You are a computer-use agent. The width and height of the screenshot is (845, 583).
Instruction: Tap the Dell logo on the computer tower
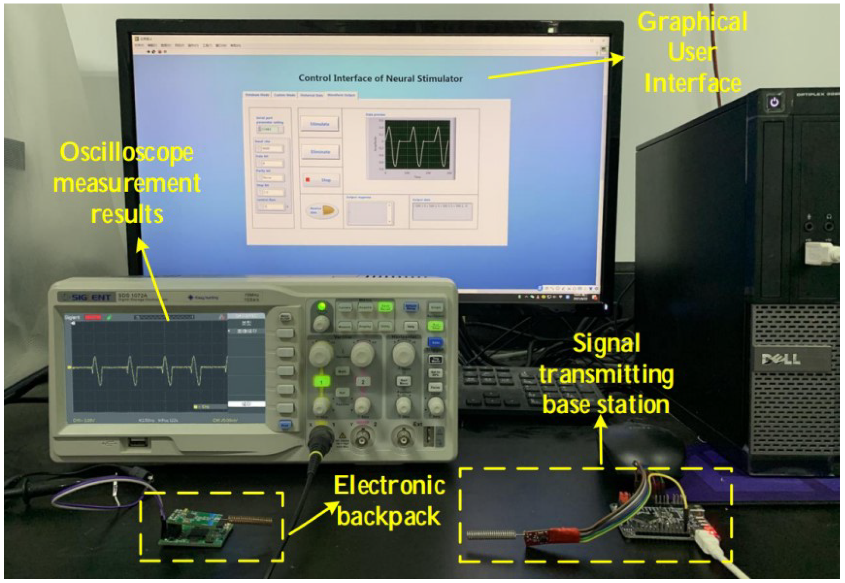tap(780, 359)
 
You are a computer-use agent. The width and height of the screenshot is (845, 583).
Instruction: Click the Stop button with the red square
tap(320, 180)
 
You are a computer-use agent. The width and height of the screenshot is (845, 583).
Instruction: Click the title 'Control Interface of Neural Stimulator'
tap(380, 78)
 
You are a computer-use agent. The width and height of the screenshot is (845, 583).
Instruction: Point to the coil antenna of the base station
tap(491, 535)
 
